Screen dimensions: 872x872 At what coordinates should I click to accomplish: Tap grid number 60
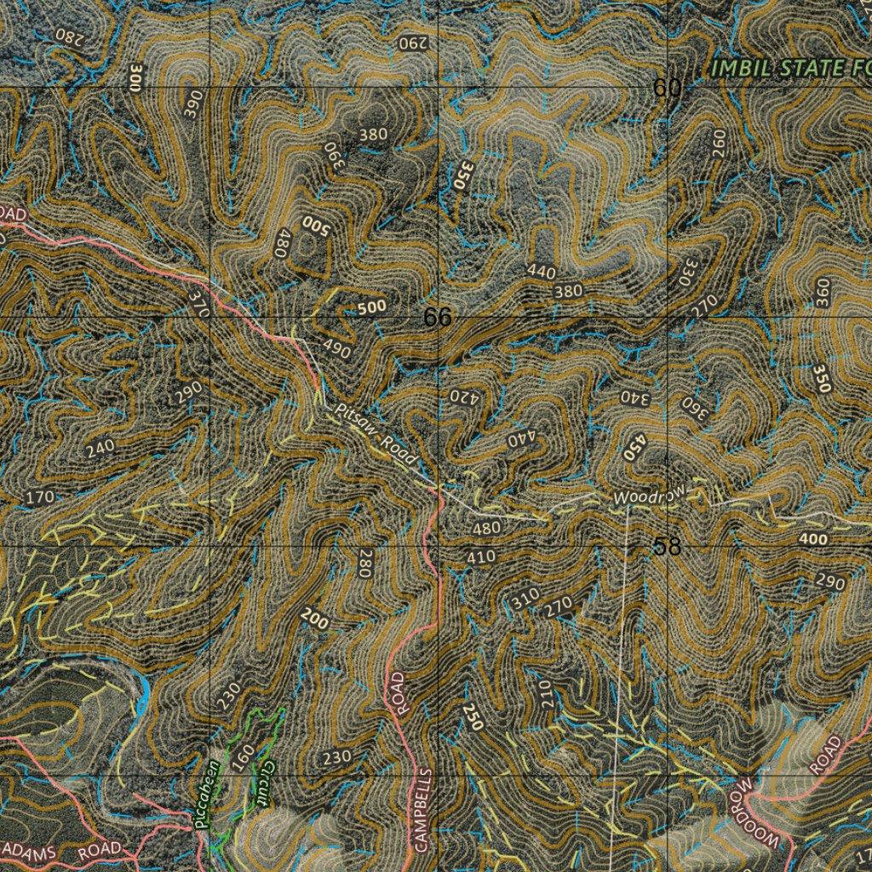click(668, 88)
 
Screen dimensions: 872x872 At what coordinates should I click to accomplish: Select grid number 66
click(438, 318)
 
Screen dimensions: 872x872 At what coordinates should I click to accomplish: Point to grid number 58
click(668, 547)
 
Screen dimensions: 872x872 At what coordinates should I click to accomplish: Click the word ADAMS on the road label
click(33, 852)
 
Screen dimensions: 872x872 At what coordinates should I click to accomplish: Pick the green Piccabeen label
click(208, 795)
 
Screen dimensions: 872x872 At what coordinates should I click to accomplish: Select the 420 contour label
click(466, 397)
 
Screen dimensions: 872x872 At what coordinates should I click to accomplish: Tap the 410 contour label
click(481, 558)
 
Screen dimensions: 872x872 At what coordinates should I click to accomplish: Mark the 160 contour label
click(243, 754)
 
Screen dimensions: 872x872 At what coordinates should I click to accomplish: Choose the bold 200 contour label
click(314, 619)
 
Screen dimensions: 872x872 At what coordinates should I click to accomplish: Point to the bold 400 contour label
click(813, 539)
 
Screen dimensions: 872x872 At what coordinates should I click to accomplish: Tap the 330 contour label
click(687, 272)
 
